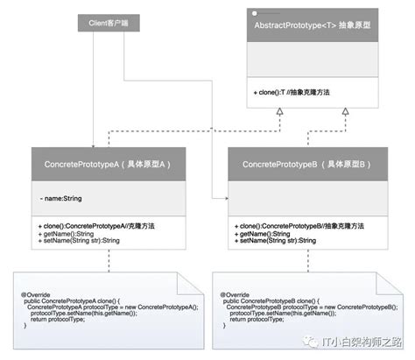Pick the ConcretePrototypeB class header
click(x=308, y=164)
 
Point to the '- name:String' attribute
click(x=61, y=199)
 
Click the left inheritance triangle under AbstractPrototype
click(x=279, y=113)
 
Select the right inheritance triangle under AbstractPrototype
click(x=345, y=113)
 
